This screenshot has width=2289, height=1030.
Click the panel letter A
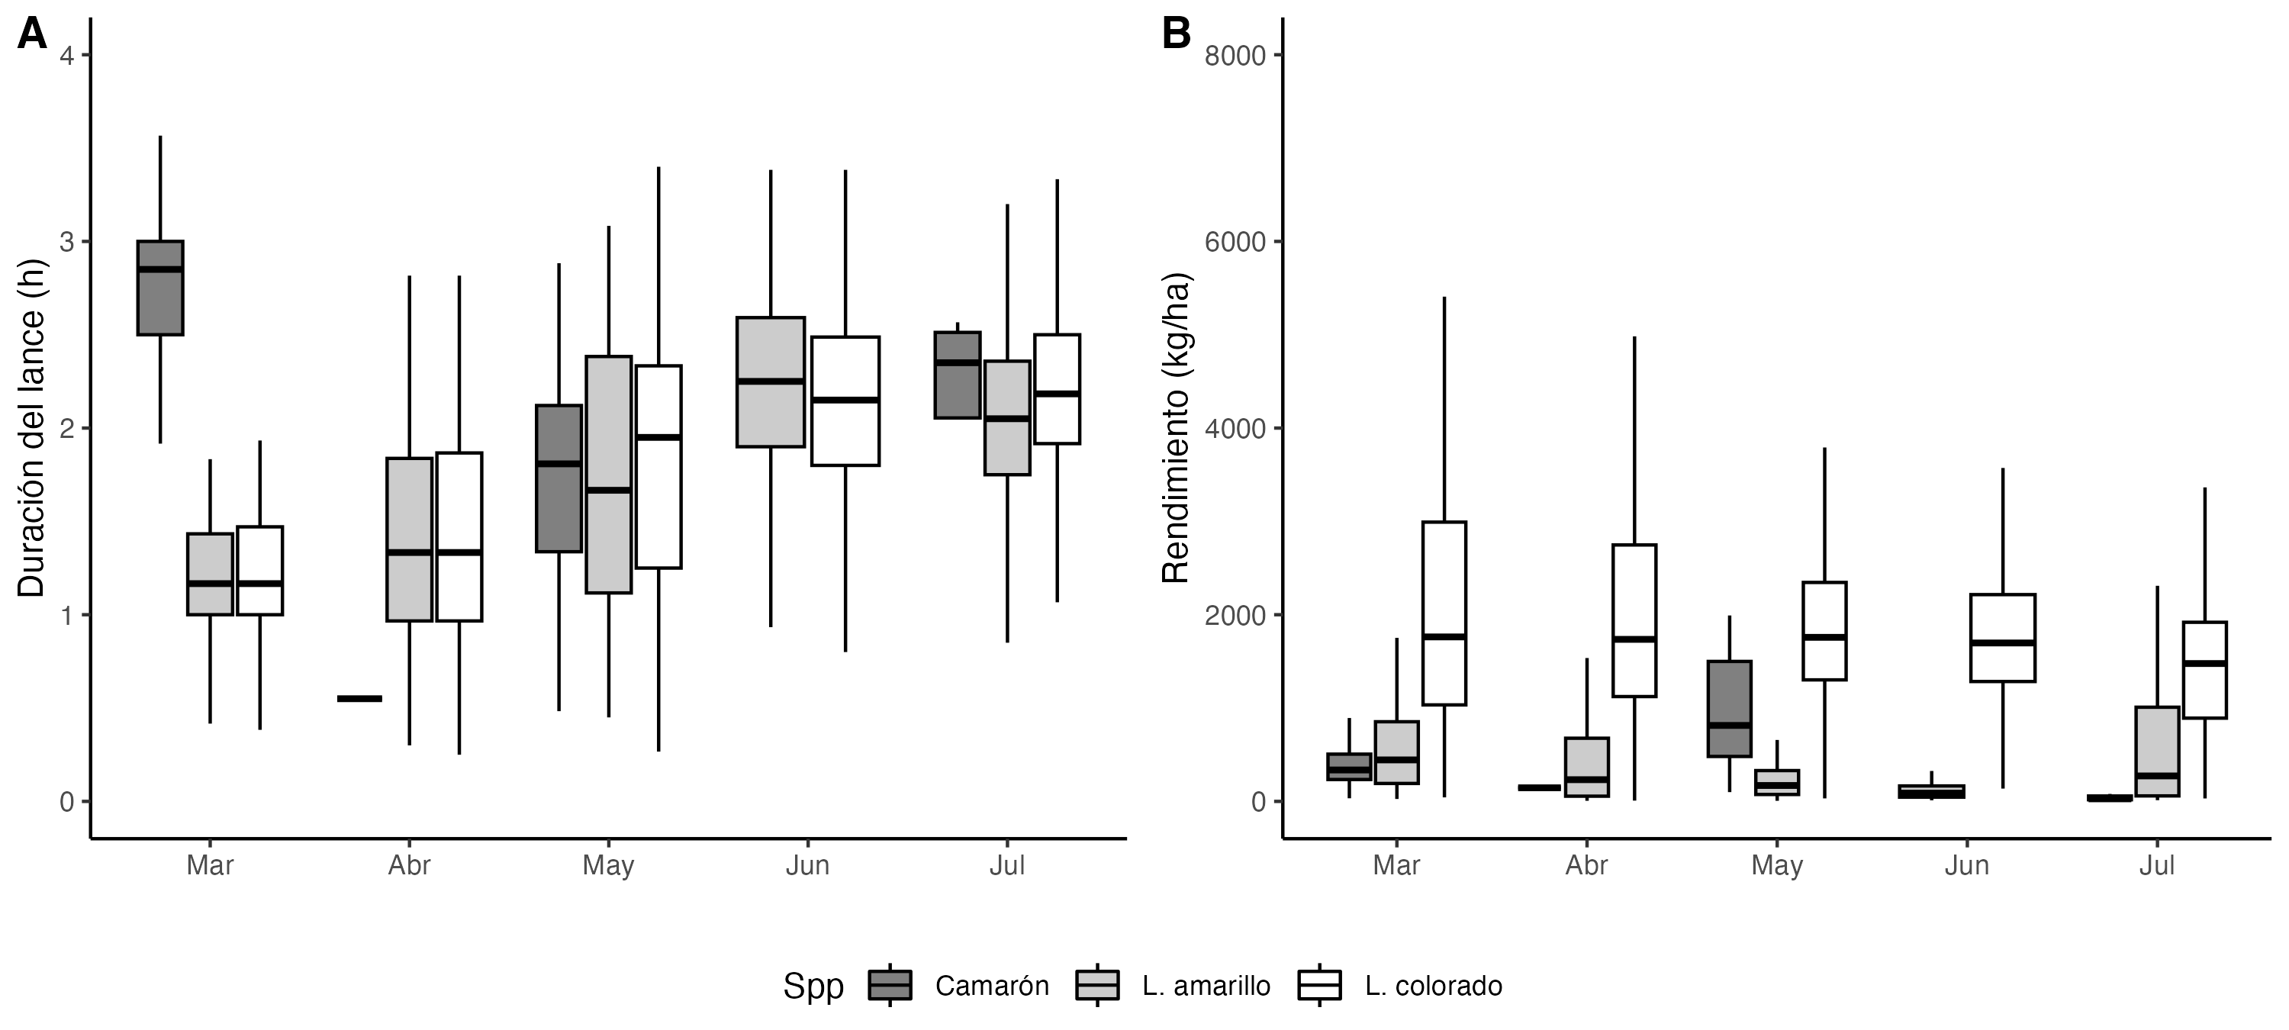coord(32,36)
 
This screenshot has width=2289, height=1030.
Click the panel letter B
coord(1177,36)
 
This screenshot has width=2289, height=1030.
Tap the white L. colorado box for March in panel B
coord(1444,613)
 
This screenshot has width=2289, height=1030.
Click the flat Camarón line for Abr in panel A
coord(359,699)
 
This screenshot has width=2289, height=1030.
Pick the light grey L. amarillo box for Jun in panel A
coord(771,382)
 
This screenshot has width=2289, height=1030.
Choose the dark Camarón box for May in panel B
coord(1729,708)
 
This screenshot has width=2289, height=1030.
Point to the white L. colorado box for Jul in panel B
coord(2204,669)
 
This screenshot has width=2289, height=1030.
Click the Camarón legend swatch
coord(890,986)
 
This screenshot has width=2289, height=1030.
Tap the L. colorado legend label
coord(1433,986)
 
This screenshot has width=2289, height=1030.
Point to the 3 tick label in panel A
coord(66,242)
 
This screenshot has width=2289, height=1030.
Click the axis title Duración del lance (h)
coord(31,428)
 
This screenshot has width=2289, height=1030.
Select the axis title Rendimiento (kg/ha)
coord(1176,428)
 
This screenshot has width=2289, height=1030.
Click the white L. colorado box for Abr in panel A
coord(459,537)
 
